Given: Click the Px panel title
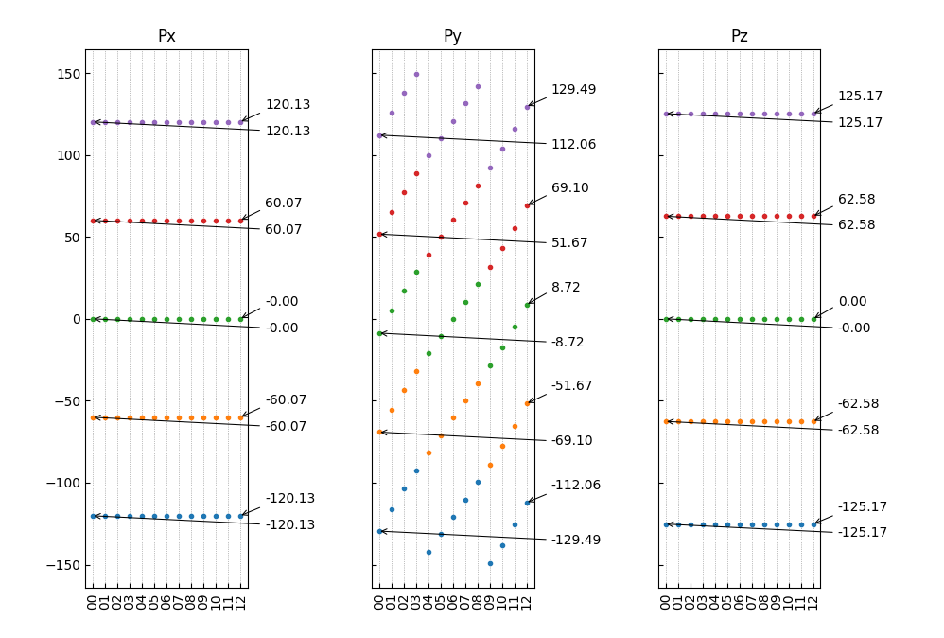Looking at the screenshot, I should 166,37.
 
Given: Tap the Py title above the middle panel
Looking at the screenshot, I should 452,37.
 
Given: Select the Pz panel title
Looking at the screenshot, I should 739,37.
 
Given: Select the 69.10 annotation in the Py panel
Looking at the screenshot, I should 569,188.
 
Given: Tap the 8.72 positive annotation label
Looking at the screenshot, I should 566,288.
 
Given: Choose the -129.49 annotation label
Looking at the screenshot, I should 575,541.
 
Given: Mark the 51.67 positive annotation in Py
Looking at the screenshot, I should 569,243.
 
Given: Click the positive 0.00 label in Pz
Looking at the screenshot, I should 851,302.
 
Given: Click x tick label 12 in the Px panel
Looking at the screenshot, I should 240,602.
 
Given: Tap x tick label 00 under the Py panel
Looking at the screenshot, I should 379,602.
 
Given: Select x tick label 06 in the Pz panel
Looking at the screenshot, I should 740,602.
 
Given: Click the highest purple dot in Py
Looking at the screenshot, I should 416,74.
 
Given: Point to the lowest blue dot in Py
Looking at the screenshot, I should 490,563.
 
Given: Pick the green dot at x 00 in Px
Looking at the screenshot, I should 93,319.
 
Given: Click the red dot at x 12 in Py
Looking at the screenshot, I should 527,205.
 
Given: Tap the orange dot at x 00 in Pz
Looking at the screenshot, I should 666,421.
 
